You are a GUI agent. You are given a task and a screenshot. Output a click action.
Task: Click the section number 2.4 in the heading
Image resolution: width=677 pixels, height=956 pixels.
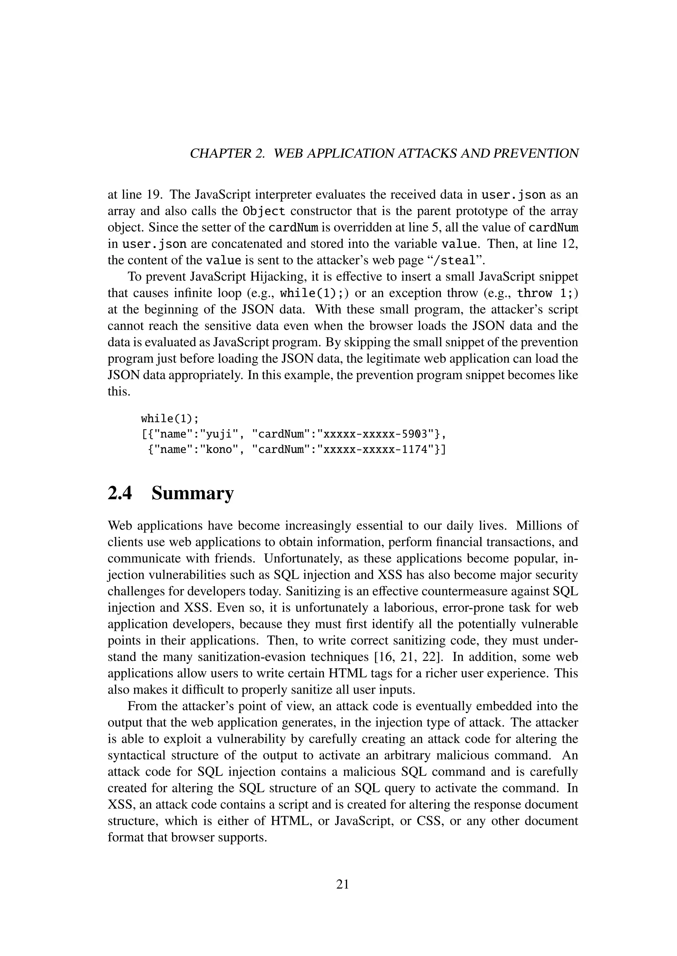click(120, 494)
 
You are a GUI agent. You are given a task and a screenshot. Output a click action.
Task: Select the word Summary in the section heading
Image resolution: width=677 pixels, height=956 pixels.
click(193, 494)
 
